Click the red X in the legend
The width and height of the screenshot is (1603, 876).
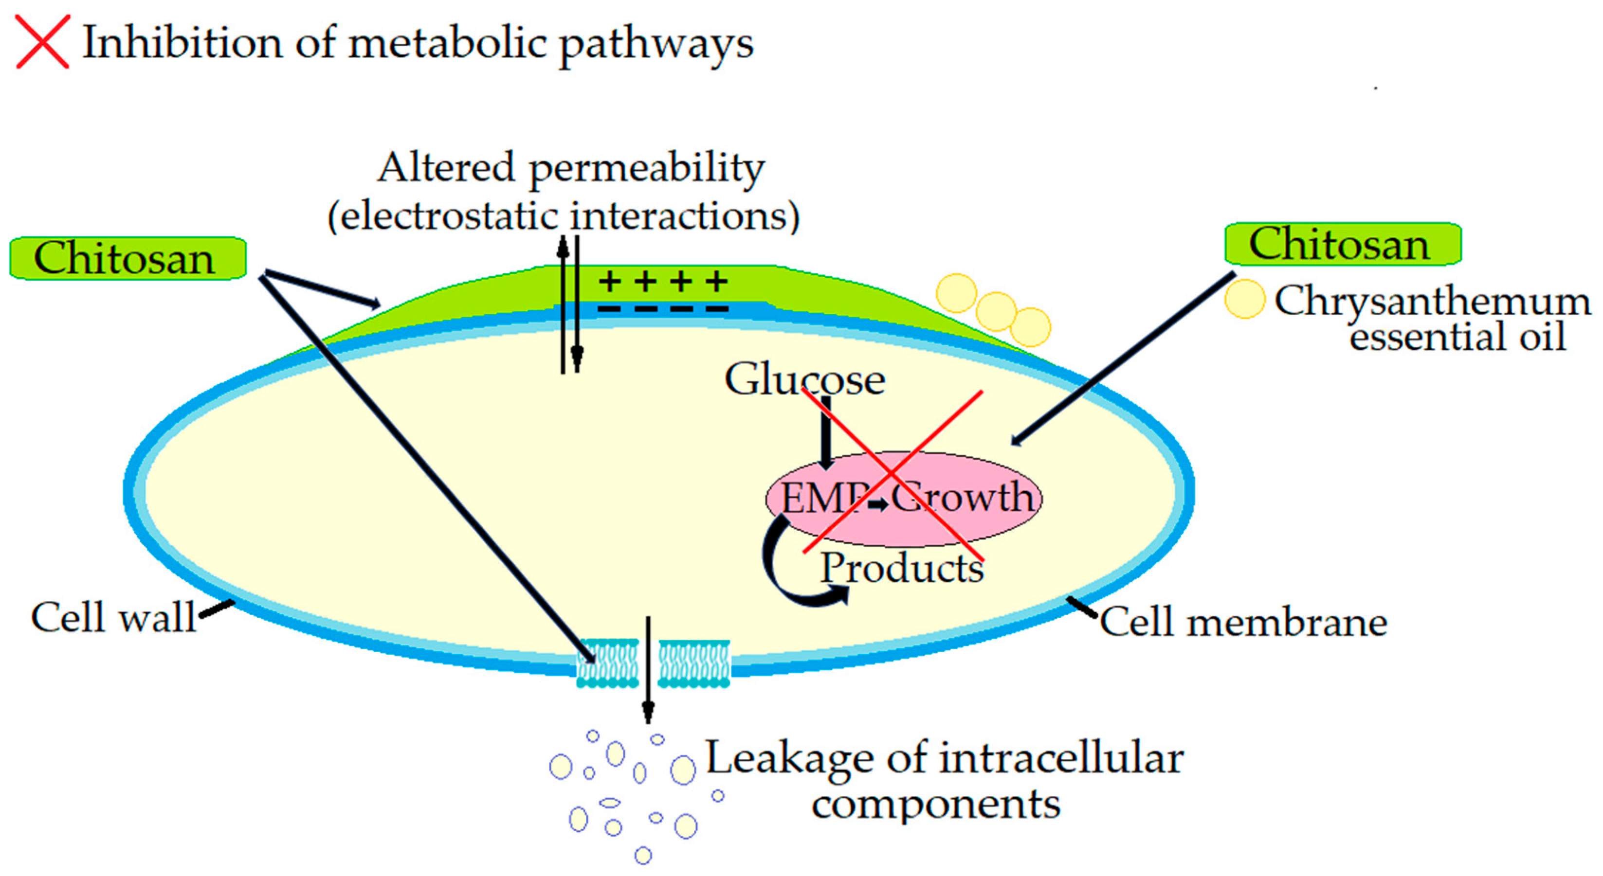(x=42, y=42)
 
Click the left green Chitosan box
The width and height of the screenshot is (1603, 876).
(x=128, y=258)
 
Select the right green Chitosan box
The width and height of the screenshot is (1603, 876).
(x=1342, y=244)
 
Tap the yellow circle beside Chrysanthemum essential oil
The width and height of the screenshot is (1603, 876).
(x=1244, y=299)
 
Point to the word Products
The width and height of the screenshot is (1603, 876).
(x=902, y=568)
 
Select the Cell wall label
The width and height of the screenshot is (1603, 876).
(x=113, y=618)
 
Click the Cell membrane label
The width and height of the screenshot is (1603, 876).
(x=1243, y=622)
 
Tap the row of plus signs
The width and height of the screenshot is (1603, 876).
(x=663, y=281)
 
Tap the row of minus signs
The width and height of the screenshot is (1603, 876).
(x=663, y=308)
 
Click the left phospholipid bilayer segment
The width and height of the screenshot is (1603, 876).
(x=607, y=663)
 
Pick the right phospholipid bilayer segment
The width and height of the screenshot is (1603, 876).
(x=694, y=663)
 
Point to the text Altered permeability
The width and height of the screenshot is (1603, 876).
(x=571, y=168)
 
